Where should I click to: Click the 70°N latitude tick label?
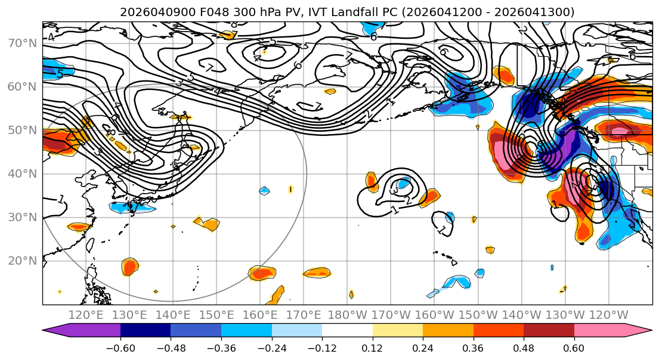coord(21,43)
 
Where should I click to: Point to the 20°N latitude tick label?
coord(21,260)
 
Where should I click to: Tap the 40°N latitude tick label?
coord(21,173)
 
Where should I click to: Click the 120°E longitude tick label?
coord(86,315)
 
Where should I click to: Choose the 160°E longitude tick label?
coord(261,315)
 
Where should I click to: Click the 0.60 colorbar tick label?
coord(574,349)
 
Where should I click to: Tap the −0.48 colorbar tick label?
coord(171,349)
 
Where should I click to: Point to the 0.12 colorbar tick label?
coord(372,349)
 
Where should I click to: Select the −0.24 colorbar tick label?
coord(271,349)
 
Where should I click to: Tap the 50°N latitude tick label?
coord(21,130)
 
